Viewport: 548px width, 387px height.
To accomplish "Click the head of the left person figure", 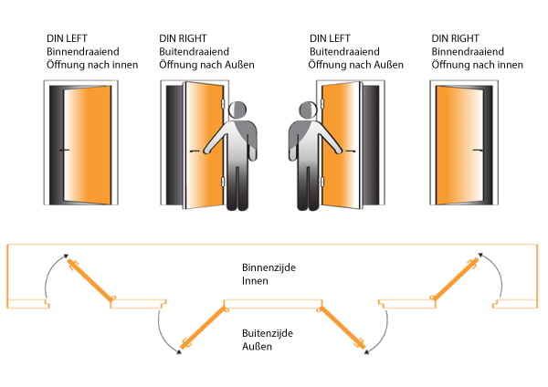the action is [237, 110].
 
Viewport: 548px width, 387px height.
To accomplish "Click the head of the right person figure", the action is [308, 110].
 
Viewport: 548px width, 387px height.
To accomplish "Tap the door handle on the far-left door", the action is [64, 151].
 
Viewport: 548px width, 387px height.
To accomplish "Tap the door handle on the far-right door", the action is [478, 151].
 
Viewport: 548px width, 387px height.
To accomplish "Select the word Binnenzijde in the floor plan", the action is [269, 268].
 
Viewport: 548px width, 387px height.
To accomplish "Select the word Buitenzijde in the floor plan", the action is [268, 333].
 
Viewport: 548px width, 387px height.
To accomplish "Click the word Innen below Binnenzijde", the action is [255, 281].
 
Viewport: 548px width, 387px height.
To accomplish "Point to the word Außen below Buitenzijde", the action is [257, 347].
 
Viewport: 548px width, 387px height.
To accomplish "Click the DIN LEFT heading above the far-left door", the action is [67, 38].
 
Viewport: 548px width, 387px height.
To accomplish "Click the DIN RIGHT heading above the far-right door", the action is [455, 38].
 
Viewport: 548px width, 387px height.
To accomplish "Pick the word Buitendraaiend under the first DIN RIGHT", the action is [194, 52].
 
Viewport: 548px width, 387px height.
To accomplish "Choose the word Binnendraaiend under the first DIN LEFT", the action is [83, 52].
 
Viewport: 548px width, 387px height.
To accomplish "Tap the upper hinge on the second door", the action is [223, 104].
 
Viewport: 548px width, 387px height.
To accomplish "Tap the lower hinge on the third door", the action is [322, 182].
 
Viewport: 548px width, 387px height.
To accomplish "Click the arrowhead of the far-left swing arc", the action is [66, 256].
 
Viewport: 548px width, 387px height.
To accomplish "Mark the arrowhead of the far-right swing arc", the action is [480, 255].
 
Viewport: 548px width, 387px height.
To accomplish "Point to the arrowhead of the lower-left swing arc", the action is [179, 352].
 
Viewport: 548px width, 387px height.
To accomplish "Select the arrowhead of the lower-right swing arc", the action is [366, 352].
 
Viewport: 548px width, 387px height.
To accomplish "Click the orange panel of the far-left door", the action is [87, 145].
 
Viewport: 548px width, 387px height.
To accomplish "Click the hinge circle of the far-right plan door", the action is [433, 298].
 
